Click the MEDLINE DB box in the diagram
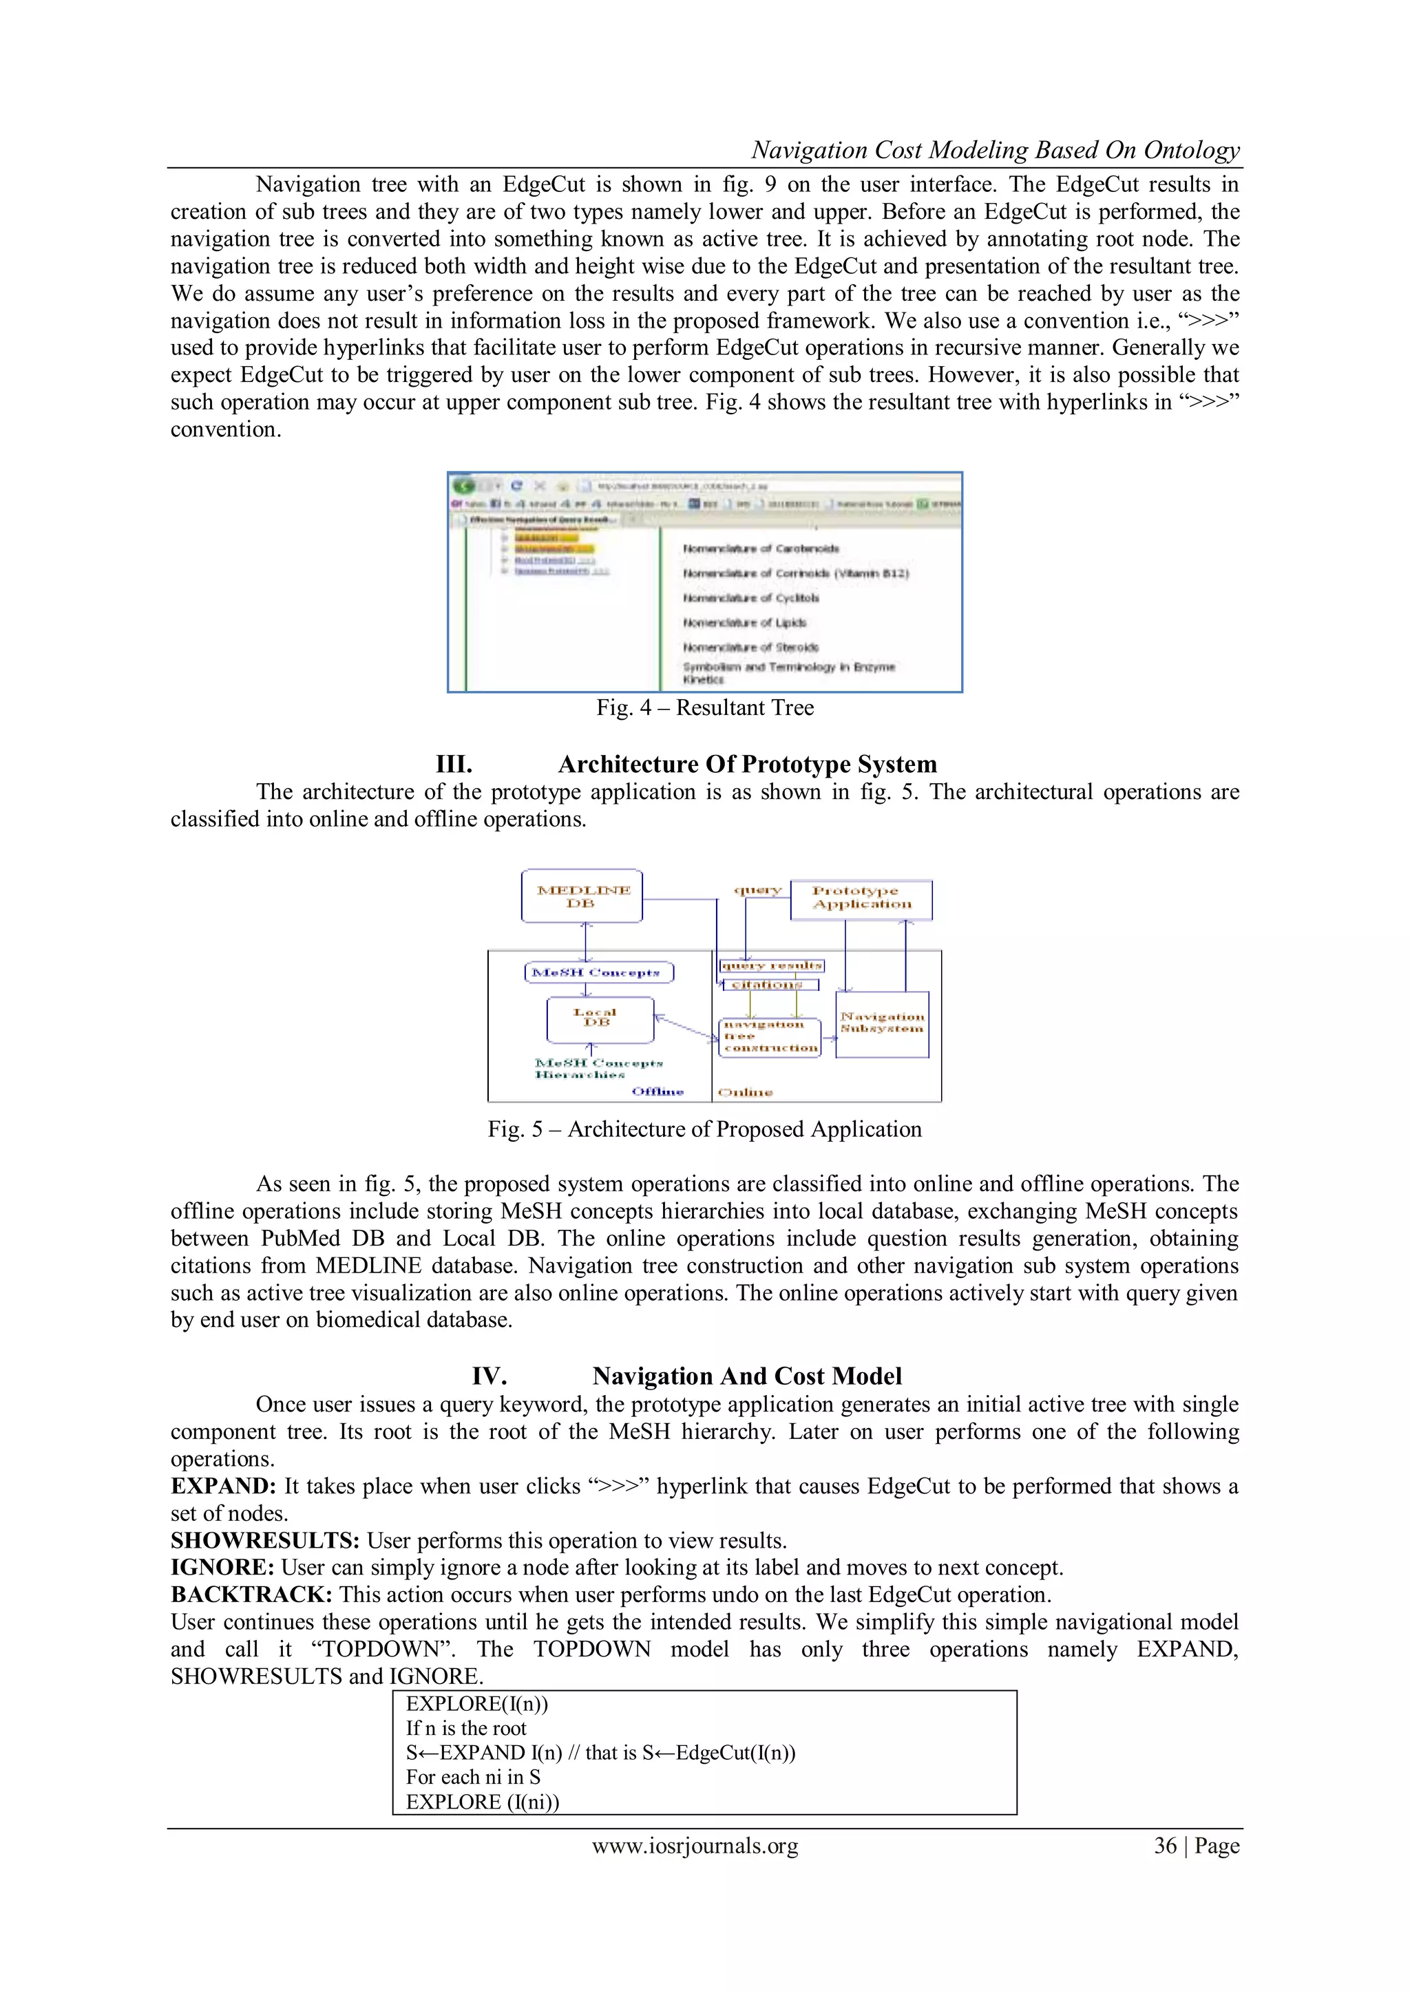click(582, 896)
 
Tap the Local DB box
click(599, 1019)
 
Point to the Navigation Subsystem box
click(882, 1023)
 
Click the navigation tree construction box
click(769, 1036)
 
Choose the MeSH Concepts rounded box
click(599, 972)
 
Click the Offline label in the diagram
click(657, 1091)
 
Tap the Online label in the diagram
click(745, 1092)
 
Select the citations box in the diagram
click(769, 984)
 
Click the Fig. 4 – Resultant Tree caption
click(704, 707)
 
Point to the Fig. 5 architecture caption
click(704, 1129)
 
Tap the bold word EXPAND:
click(223, 1486)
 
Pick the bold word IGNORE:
click(222, 1568)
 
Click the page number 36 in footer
click(1165, 1846)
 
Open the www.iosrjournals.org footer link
click(695, 1846)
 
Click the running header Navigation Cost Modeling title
click(995, 150)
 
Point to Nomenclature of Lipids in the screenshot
click(744, 622)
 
